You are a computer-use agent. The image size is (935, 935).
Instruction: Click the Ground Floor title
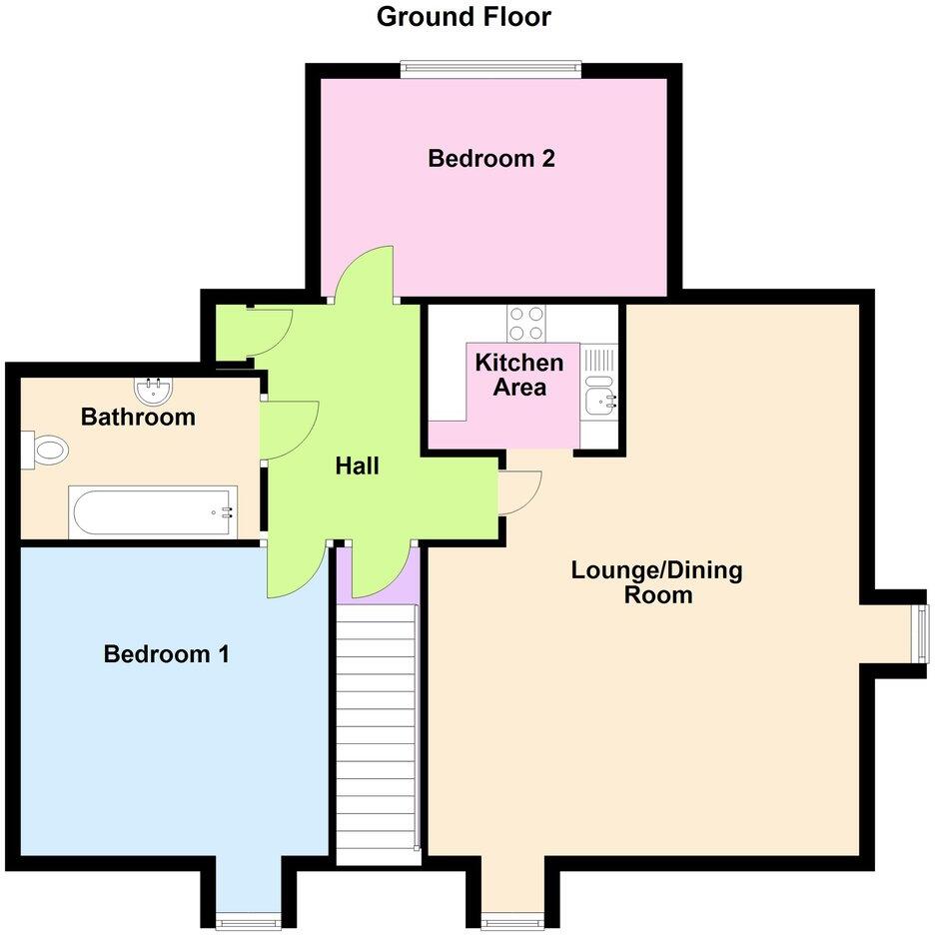pos(464,17)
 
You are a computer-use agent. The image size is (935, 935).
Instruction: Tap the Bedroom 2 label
pos(491,158)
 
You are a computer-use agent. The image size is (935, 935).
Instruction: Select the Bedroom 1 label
pos(167,654)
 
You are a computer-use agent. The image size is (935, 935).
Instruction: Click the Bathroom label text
pos(138,417)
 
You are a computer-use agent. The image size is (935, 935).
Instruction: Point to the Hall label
pos(357,466)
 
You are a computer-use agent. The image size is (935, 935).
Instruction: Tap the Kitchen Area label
pos(519,375)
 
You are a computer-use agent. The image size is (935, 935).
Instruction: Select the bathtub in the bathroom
pos(153,511)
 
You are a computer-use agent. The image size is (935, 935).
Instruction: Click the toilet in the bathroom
pos(46,449)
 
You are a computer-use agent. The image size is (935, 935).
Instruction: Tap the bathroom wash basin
pos(153,386)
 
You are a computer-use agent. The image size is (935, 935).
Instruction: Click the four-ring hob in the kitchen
pos(526,323)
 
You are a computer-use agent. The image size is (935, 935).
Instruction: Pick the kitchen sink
pos(600,402)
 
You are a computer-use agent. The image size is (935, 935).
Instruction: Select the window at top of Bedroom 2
pos(490,68)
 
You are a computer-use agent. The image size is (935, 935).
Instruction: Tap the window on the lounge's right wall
pos(922,633)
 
